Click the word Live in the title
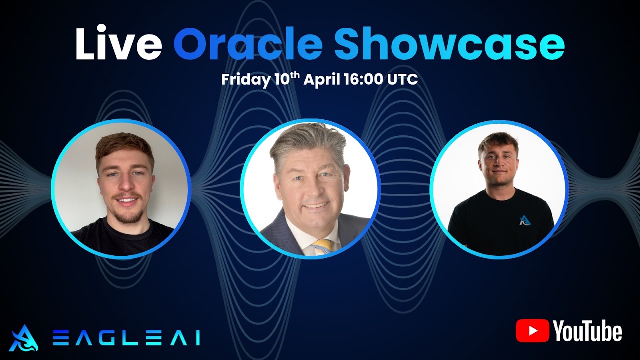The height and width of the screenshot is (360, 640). [x=118, y=44]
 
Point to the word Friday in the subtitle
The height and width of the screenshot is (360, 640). [x=245, y=80]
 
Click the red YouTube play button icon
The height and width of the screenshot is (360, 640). [x=533, y=331]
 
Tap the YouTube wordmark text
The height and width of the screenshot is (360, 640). [x=587, y=331]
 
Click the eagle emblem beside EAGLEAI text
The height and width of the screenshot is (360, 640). [x=23, y=338]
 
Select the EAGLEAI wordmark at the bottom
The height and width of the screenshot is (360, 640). [x=126, y=338]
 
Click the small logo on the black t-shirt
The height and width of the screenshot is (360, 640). [x=524, y=220]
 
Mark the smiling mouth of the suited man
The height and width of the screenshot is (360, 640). [x=315, y=205]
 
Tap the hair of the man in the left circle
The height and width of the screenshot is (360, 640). [x=124, y=145]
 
